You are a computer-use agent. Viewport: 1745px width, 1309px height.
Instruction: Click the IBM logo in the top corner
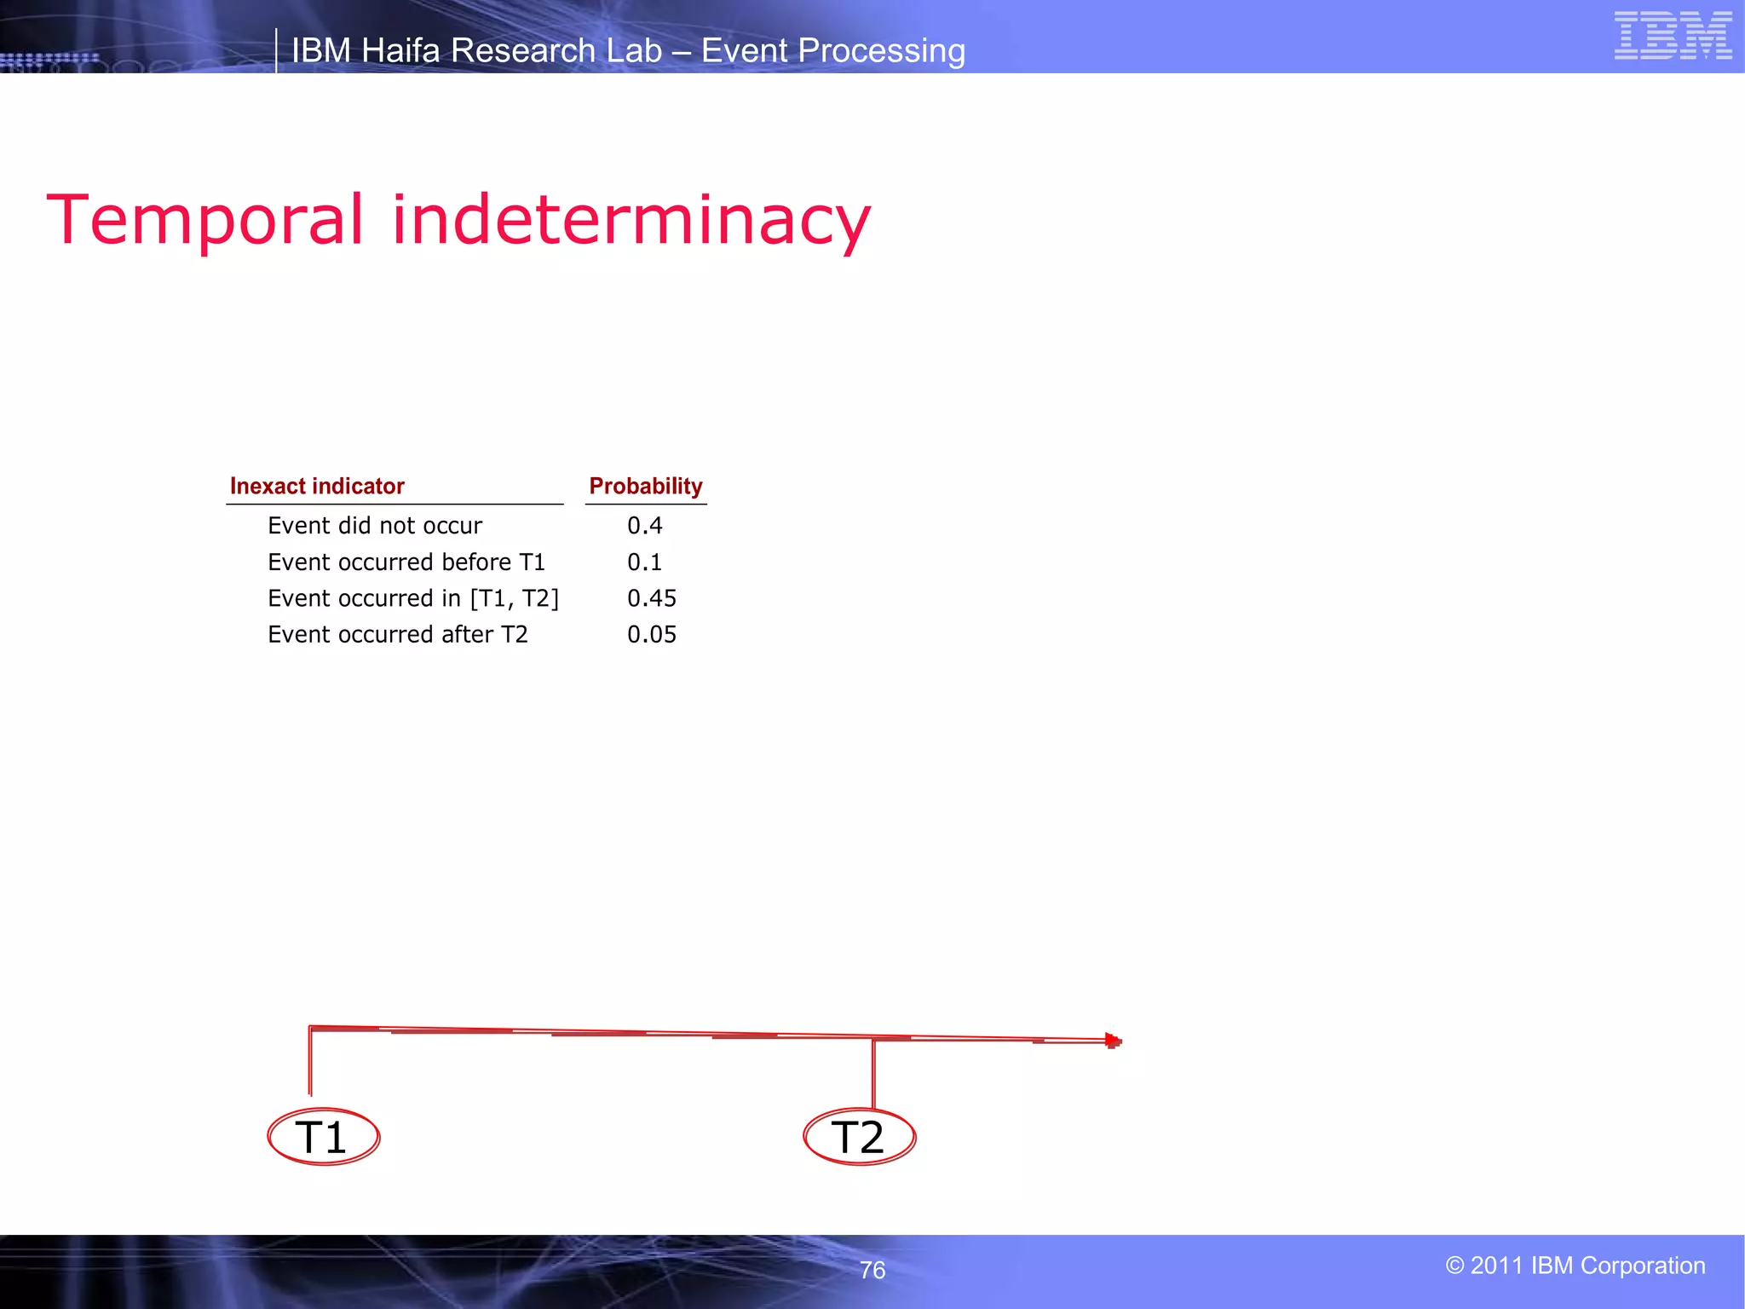[x=1673, y=36]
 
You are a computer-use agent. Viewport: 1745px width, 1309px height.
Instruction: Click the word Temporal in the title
[x=205, y=220]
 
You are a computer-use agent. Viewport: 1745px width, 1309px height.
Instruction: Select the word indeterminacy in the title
[x=631, y=220]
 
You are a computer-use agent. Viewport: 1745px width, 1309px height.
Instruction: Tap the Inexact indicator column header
[x=317, y=486]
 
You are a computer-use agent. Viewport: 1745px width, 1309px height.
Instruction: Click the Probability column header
[x=646, y=486]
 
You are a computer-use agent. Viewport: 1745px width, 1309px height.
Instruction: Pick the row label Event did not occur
[x=375, y=526]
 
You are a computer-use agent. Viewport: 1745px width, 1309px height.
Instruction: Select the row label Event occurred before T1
[x=406, y=562]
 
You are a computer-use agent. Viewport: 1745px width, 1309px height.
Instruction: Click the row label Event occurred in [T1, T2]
[x=413, y=598]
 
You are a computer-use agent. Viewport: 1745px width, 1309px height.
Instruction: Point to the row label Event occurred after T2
[x=398, y=635]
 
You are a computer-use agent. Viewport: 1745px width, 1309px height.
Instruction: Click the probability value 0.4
[x=644, y=526]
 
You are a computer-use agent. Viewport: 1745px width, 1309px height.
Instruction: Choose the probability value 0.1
[x=644, y=562]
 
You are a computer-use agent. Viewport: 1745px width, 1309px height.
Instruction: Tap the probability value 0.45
[x=652, y=598]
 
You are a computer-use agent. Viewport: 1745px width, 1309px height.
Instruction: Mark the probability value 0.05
[x=652, y=635]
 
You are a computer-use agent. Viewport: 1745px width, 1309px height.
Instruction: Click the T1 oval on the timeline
[x=323, y=1137]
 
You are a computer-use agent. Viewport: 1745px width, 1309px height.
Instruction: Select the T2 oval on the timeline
[x=859, y=1137]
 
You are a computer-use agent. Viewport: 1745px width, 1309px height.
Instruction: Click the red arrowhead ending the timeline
[x=1113, y=1041]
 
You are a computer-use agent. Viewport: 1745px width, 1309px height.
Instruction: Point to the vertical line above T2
[x=872, y=1074]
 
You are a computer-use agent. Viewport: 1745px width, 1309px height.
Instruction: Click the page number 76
[x=872, y=1270]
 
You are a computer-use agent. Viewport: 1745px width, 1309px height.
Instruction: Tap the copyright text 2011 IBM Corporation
[x=1575, y=1266]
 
